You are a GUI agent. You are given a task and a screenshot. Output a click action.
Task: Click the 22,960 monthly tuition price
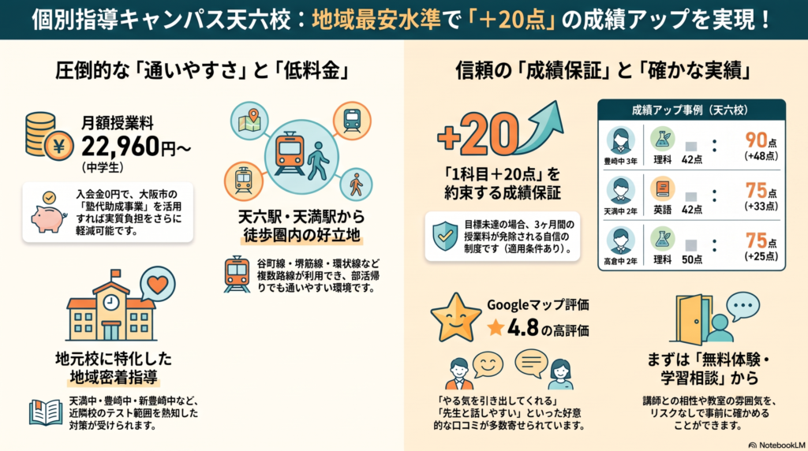coord(121,147)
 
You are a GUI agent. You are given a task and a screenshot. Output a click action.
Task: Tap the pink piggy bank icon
coord(48,216)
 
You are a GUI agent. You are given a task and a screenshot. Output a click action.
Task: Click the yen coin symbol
coord(58,147)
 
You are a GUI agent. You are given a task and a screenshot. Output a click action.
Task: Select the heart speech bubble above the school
coord(158,284)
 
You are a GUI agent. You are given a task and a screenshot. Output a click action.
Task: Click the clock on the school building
coord(110,302)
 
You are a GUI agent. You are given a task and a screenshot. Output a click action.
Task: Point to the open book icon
coord(46,412)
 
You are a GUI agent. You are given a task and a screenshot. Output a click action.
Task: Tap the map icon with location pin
coord(249,121)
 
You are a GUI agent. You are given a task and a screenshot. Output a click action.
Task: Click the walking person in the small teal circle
coord(356,184)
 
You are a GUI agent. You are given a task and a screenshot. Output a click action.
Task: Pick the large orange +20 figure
coord(477,134)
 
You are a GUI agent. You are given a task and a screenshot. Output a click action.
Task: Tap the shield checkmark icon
coord(445,237)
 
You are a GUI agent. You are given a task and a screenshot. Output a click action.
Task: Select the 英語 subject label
coord(662,210)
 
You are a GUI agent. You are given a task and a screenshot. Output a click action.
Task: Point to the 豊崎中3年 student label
coord(620,161)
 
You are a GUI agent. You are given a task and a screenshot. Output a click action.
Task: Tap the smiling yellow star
coord(455,319)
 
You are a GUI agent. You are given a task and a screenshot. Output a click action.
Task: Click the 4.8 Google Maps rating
coord(522,328)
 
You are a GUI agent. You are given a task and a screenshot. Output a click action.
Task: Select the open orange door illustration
coord(691,319)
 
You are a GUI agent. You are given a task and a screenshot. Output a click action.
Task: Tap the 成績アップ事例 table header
coord(690,110)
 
